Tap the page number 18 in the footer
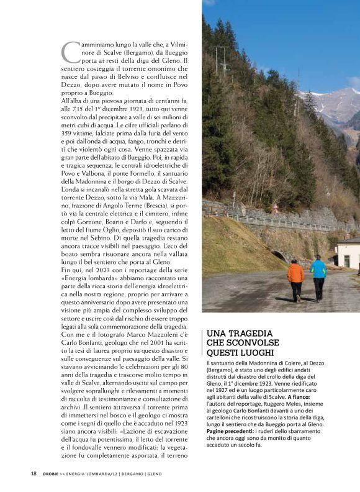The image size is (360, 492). (34, 473)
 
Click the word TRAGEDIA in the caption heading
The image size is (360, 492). (253, 334)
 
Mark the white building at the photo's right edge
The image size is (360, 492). (348, 253)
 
